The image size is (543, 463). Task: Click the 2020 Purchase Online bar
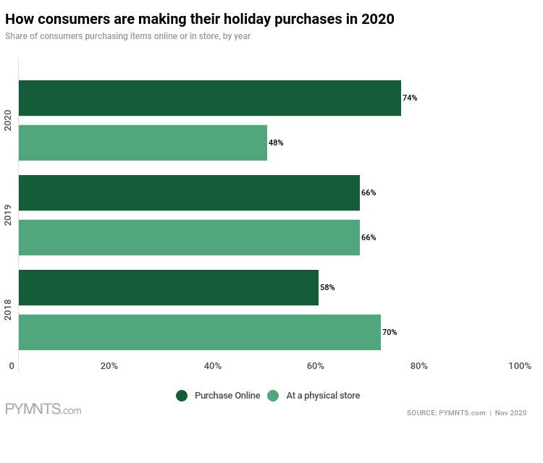click(209, 98)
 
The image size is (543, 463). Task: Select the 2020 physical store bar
click(143, 143)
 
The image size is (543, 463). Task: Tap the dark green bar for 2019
click(189, 193)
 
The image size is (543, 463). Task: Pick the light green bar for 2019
click(189, 237)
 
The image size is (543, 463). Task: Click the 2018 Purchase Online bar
click(168, 288)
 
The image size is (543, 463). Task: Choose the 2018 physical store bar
click(199, 332)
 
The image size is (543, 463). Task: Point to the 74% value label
click(410, 98)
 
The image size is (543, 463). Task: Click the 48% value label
click(276, 143)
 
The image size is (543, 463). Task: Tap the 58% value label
click(327, 288)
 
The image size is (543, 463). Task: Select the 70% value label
click(390, 333)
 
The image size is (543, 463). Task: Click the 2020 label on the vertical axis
click(8, 120)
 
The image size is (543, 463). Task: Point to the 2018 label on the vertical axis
click(8, 310)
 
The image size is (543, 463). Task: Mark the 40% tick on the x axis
click(212, 366)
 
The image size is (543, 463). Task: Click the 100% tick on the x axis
click(520, 366)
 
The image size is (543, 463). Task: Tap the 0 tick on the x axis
click(12, 366)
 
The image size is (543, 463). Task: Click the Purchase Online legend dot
click(182, 396)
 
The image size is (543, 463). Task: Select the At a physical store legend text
click(323, 396)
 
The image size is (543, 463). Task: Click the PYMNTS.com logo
click(43, 410)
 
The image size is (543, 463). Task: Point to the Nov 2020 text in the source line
click(511, 413)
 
